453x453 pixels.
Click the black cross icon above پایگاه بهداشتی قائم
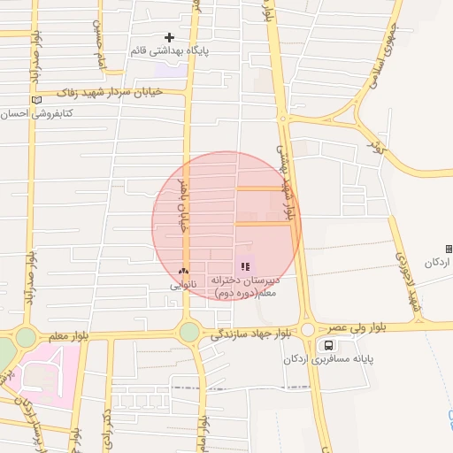[x=170, y=37]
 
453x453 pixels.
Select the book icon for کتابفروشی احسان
[x=35, y=100]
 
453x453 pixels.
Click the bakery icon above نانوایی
[x=183, y=272]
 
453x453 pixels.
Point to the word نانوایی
[x=184, y=285]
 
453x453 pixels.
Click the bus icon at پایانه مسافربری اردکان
[x=329, y=345]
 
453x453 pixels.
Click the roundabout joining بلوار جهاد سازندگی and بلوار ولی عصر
[x=307, y=329]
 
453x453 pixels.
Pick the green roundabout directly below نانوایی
[x=189, y=332]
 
